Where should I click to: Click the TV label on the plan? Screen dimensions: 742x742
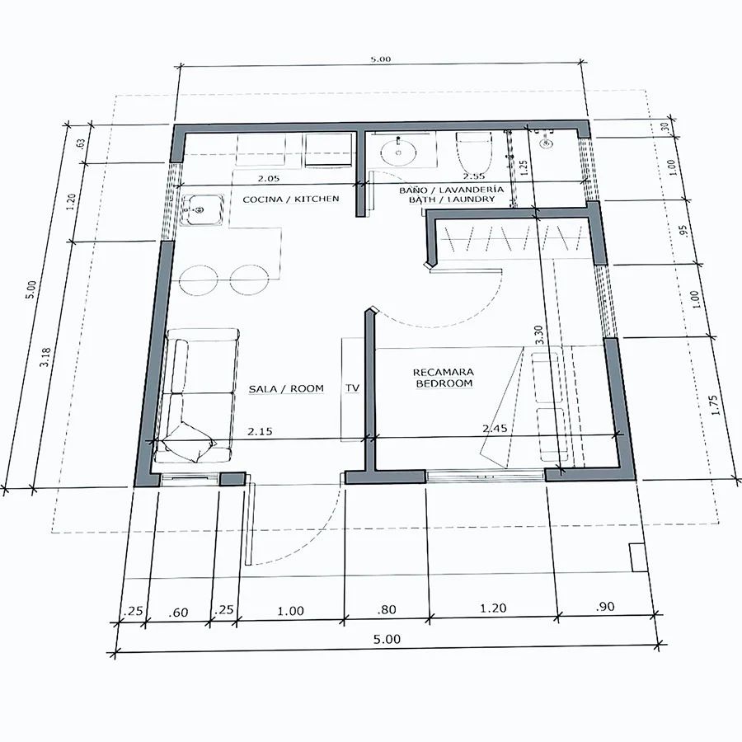(x=352, y=388)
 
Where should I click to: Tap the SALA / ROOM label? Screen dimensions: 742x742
(x=286, y=389)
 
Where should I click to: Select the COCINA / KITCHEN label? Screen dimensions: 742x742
(x=290, y=200)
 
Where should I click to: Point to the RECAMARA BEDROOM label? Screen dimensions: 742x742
(x=443, y=378)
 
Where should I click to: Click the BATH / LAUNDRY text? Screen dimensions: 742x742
(x=452, y=200)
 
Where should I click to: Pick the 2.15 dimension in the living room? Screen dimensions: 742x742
(x=260, y=431)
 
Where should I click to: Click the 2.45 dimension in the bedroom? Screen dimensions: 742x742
(x=495, y=429)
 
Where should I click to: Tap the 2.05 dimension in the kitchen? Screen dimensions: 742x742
(x=268, y=178)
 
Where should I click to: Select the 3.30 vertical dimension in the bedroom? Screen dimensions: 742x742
(x=538, y=335)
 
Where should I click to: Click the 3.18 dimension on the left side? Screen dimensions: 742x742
(x=45, y=357)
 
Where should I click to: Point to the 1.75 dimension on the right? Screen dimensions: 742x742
(x=715, y=405)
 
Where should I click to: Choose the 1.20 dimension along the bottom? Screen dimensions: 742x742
(x=493, y=608)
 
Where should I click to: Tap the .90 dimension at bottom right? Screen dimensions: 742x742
(x=605, y=606)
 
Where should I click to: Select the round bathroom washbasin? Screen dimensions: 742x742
(x=398, y=152)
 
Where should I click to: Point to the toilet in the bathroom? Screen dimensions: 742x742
(x=474, y=153)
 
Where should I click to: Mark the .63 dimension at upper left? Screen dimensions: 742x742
(x=80, y=143)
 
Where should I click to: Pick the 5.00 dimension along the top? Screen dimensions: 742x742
(x=380, y=59)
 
